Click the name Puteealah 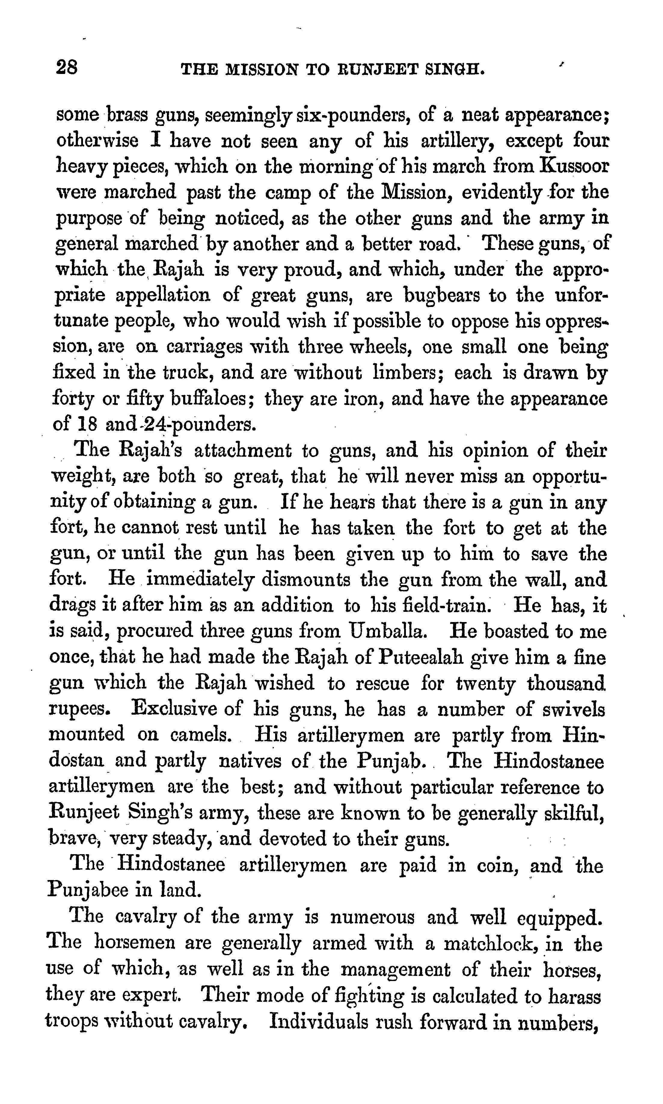[x=420, y=658]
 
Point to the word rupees [x=80, y=710]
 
